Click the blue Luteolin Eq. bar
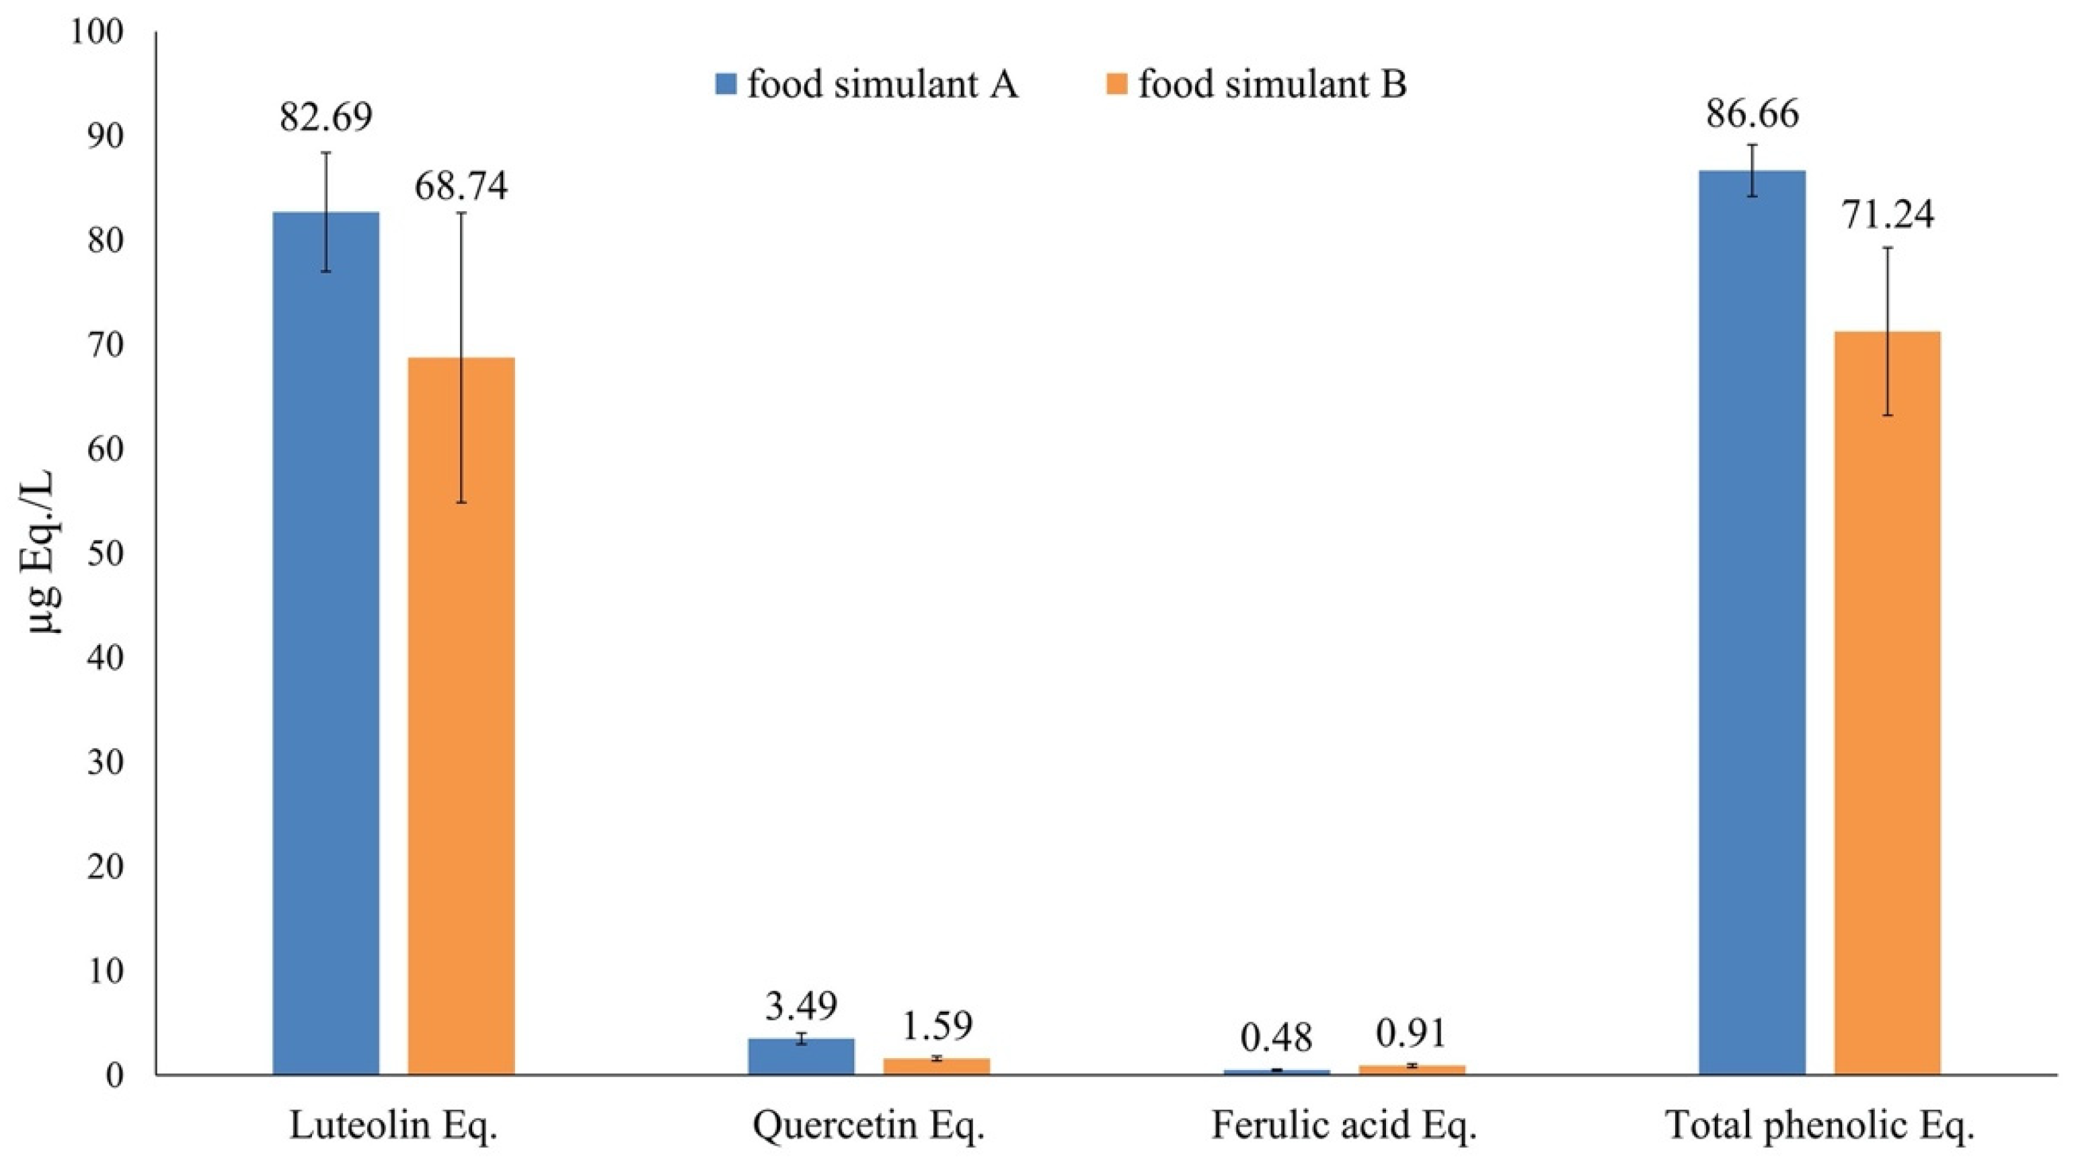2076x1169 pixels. pyautogui.click(x=325, y=645)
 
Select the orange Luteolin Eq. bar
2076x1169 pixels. pyautogui.click(x=461, y=718)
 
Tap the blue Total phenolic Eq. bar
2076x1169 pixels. pyautogui.click(x=1752, y=621)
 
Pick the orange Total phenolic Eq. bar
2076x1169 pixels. pyautogui.click(x=1888, y=702)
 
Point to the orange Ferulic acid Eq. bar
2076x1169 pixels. pyautogui.click(x=1412, y=1070)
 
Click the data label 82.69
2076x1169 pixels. pyautogui.click(x=325, y=118)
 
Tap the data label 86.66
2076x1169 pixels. pyautogui.click(x=1752, y=114)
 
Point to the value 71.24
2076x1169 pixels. pyautogui.click(x=1888, y=215)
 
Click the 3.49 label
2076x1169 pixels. pyautogui.click(x=801, y=1006)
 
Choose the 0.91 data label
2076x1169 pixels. pyautogui.click(x=1412, y=1034)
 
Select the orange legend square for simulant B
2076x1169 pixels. pyautogui.click(x=1117, y=84)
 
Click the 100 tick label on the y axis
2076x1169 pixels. pyautogui.click(x=98, y=33)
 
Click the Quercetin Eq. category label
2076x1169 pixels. pyautogui.click(x=869, y=1126)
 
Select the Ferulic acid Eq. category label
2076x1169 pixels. pyautogui.click(x=1344, y=1126)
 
